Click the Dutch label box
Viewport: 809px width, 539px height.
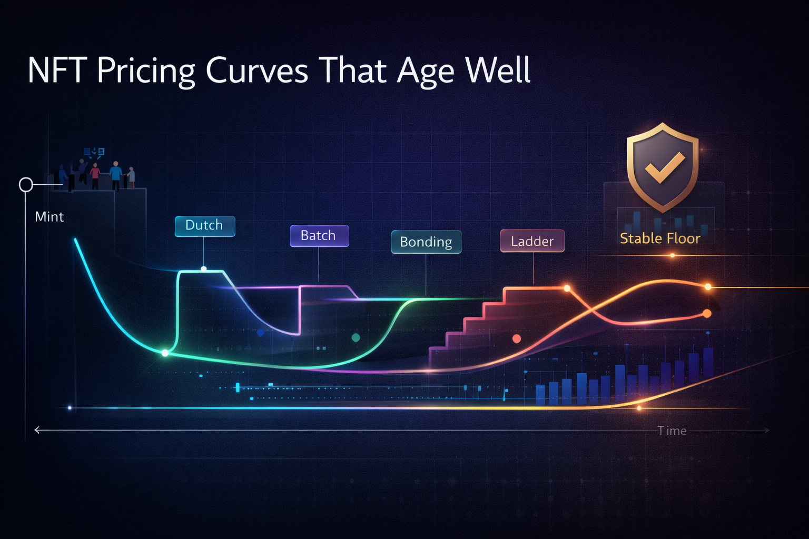click(205, 226)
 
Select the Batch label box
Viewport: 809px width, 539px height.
click(319, 236)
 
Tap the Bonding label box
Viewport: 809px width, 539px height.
click(426, 242)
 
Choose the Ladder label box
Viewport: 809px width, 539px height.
click(532, 242)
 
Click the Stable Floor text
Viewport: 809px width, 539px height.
click(660, 239)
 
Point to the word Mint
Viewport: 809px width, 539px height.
click(49, 217)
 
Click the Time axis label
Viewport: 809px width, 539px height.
click(672, 431)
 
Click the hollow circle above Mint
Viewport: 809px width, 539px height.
click(26, 185)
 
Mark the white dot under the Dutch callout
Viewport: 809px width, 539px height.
click(204, 269)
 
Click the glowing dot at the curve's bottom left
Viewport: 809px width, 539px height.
click(165, 353)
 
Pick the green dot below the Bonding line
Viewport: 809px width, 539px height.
click(356, 337)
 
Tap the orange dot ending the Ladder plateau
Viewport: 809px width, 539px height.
click(567, 288)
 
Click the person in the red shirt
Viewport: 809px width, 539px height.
click(95, 176)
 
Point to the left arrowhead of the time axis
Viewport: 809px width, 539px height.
click(37, 430)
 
